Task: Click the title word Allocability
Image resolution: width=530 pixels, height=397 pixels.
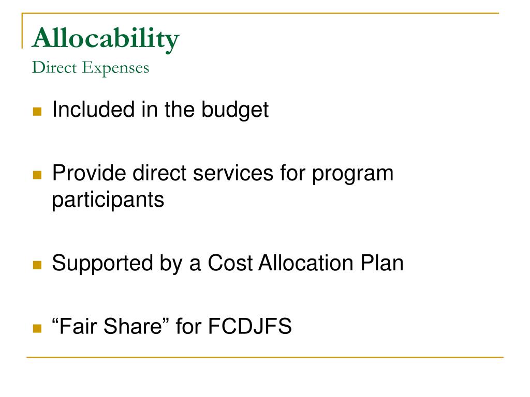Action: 106,39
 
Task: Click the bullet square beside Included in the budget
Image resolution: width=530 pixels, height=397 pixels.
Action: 37,111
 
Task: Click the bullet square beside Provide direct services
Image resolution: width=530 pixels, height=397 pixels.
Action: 37,175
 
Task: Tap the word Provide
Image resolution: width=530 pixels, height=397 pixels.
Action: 89,173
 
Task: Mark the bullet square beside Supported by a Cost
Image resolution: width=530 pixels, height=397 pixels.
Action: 37,266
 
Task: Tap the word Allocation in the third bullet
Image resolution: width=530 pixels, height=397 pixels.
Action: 308,264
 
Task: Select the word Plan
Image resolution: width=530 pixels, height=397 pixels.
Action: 384,264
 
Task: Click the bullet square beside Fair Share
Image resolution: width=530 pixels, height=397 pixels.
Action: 37,328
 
